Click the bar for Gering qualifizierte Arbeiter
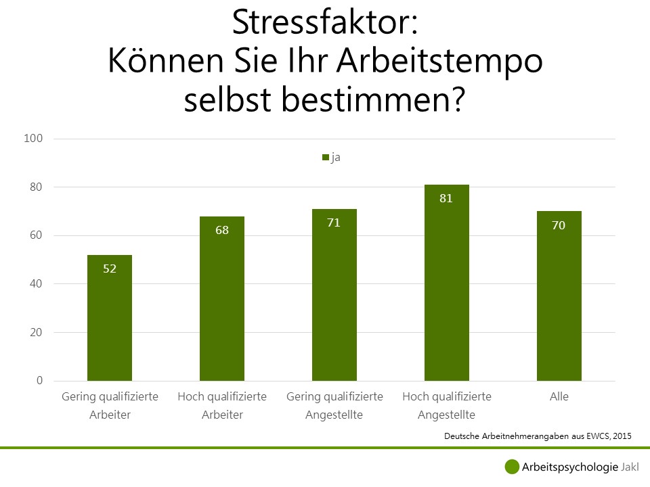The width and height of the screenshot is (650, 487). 110,318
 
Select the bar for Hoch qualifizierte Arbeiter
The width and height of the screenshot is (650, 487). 222,298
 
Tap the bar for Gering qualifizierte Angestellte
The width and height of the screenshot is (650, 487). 334,295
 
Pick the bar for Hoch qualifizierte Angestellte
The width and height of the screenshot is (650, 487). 446,283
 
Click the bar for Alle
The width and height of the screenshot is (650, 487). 559,296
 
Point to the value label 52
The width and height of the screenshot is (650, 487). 110,269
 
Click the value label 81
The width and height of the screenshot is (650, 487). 446,198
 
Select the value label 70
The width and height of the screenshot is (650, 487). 559,225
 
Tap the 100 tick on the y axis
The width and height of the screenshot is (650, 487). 33,138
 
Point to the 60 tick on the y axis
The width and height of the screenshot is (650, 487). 36,235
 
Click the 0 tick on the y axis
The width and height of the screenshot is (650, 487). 39,381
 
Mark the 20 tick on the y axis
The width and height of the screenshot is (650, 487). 36,332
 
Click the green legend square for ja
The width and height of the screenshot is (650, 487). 326,158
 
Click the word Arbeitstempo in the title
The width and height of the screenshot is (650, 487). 439,62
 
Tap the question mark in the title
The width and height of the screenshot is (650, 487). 458,99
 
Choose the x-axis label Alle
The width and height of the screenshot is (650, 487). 559,396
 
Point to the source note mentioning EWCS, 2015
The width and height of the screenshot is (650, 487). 538,436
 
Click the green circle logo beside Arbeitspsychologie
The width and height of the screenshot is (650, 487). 512,467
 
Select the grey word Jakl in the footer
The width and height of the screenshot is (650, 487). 630,467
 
